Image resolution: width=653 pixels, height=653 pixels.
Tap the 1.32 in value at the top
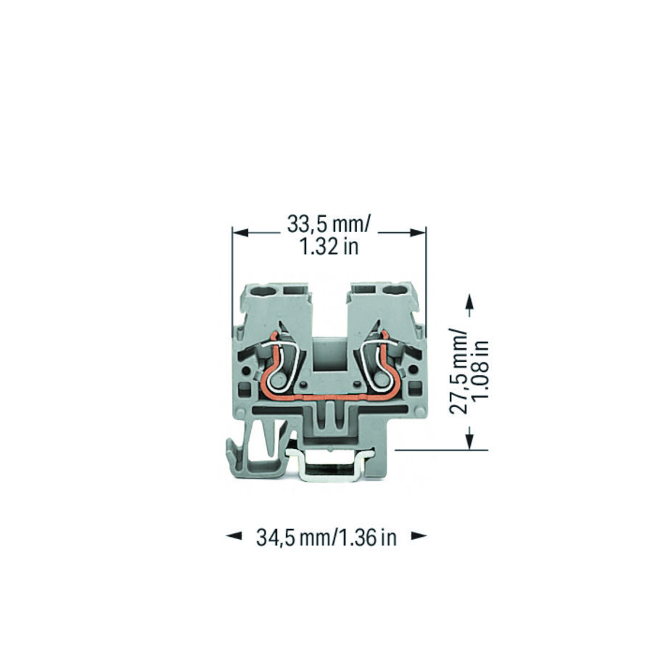click(x=329, y=247)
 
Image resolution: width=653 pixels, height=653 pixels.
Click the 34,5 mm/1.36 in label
click(x=326, y=538)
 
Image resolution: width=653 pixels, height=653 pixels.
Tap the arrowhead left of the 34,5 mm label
click(x=234, y=537)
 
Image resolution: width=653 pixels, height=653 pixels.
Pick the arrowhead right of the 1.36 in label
click(x=419, y=537)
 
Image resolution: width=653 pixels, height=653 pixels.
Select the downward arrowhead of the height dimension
click(x=469, y=439)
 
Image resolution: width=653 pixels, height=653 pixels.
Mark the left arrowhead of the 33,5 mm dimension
click(x=240, y=233)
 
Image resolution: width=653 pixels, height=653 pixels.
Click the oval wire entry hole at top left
click(x=268, y=292)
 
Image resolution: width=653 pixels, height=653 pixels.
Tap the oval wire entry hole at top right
click(x=396, y=292)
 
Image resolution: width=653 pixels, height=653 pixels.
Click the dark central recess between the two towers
click(x=331, y=359)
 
